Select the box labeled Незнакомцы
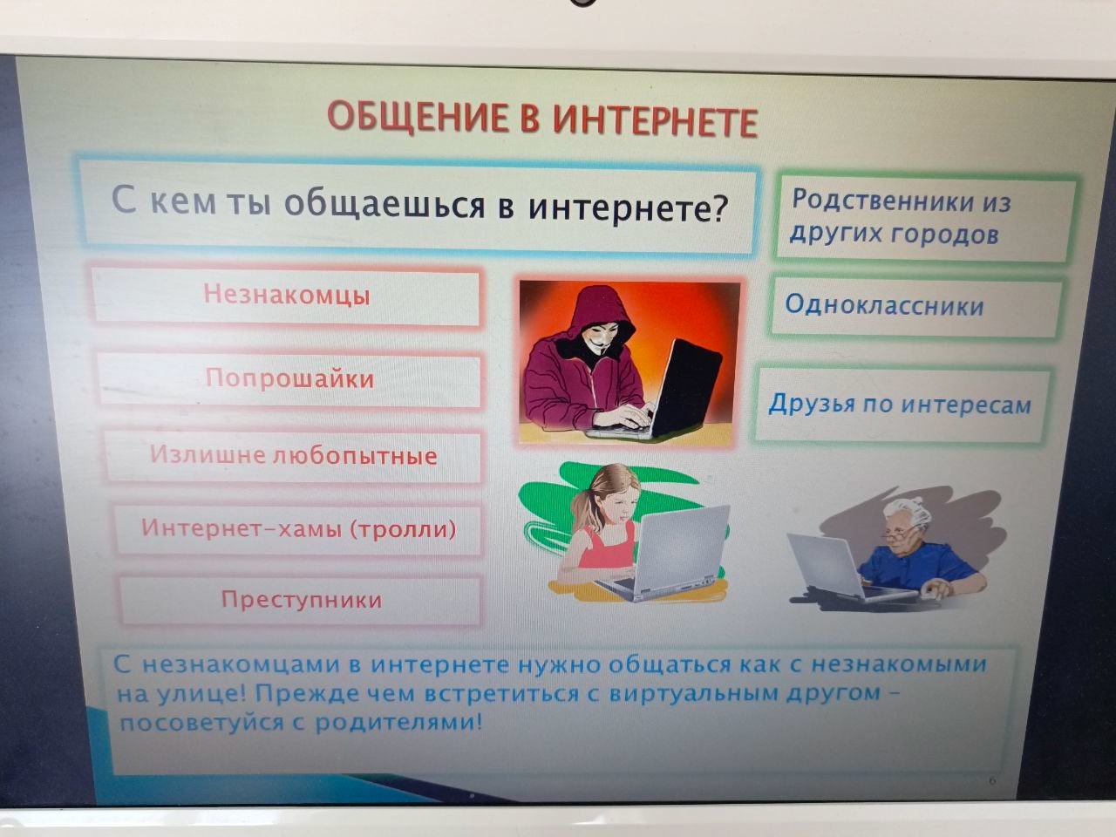(x=286, y=296)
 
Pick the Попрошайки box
(x=289, y=379)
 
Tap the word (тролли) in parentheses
(x=403, y=529)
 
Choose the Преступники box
(x=301, y=600)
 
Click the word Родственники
(x=882, y=200)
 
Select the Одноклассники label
(x=884, y=305)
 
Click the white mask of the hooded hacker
(x=603, y=337)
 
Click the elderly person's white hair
(x=908, y=514)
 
